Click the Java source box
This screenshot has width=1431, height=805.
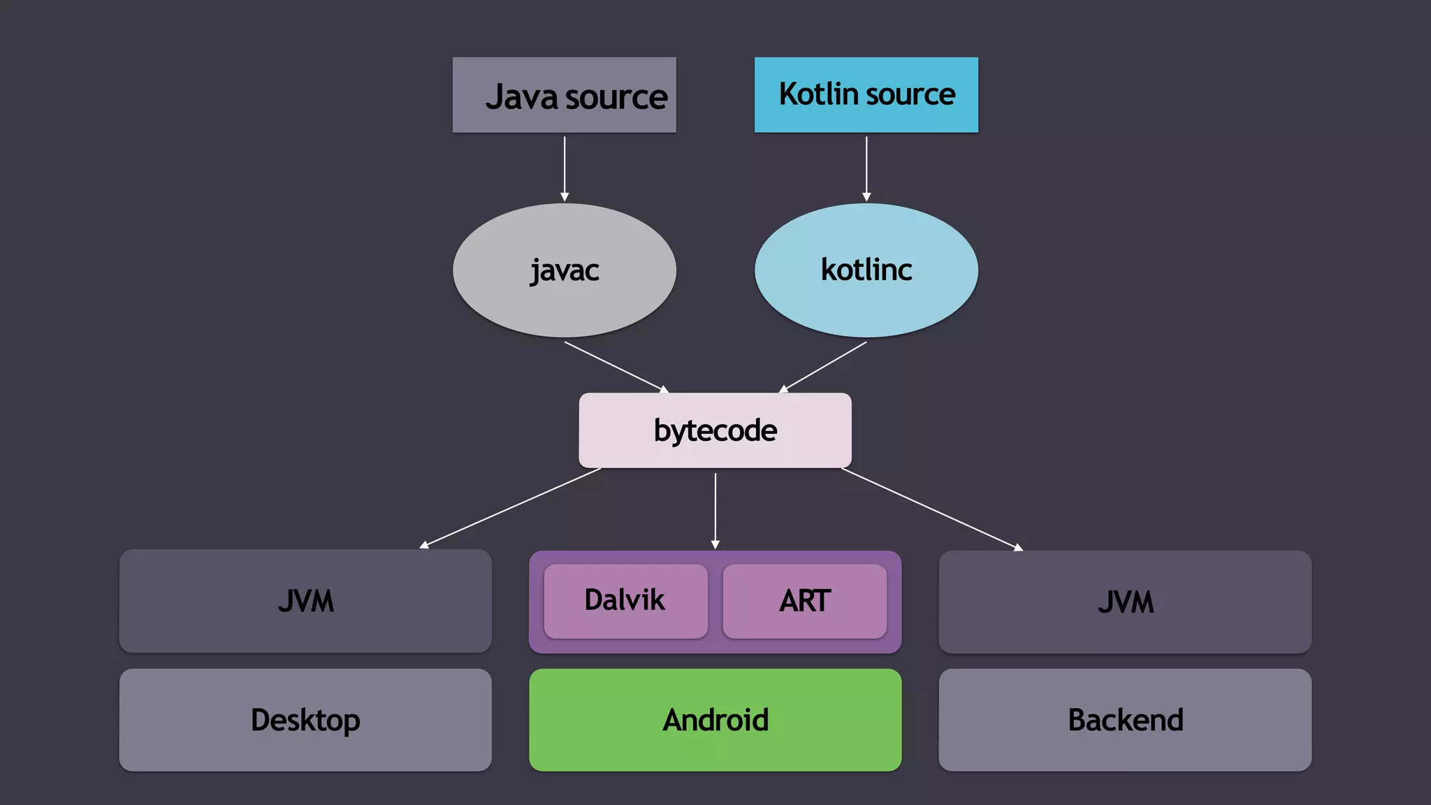(x=564, y=95)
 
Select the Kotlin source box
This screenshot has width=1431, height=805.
(x=866, y=95)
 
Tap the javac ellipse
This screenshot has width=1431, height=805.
(x=564, y=270)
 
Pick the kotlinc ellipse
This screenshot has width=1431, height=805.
(x=866, y=270)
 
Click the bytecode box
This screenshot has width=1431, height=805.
(x=715, y=430)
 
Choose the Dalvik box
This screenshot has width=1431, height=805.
(x=625, y=601)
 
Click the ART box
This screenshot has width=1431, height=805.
(x=804, y=601)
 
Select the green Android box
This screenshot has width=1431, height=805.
(x=715, y=720)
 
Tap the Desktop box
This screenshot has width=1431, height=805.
(x=305, y=720)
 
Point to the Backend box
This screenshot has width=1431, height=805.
(x=1125, y=720)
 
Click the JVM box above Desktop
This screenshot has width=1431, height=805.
(x=305, y=601)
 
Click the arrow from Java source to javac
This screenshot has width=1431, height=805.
(x=565, y=168)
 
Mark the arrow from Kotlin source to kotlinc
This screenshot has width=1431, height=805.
(x=866, y=168)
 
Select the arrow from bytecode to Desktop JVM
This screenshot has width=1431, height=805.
(x=510, y=508)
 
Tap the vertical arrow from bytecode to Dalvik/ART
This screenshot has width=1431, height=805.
(x=715, y=510)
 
